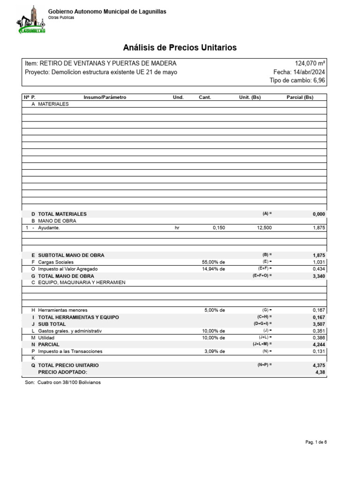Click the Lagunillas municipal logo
tap(32, 20)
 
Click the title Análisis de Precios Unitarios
tap(180, 48)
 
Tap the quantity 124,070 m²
tap(310, 63)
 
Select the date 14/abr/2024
tap(309, 72)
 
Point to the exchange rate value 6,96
tap(319, 81)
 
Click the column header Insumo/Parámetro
tap(105, 97)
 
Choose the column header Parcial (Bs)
tap(300, 97)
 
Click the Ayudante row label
tap(49, 228)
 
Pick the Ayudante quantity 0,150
tap(218, 228)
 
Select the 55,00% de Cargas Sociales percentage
tap(213, 262)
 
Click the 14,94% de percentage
tap(213, 269)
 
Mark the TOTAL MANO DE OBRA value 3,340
tap(318, 276)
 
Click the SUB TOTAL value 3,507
tap(318, 324)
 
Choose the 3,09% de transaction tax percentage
tap(215, 351)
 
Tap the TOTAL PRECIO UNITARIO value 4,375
tap(318, 365)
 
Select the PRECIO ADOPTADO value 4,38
tap(320, 372)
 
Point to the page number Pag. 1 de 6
tap(316, 442)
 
